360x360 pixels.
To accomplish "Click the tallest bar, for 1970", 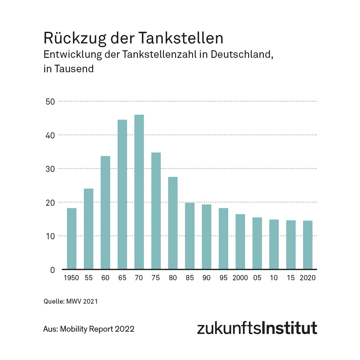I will tap(139, 192).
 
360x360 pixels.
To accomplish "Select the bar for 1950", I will tap(72, 238).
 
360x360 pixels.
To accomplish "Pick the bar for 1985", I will tap(190, 236).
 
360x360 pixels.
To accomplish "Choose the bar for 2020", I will tap(308, 245).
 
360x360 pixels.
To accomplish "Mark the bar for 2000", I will tap(240, 241).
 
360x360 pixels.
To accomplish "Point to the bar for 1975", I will tap(156, 211).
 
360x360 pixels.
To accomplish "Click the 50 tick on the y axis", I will tap(50, 102).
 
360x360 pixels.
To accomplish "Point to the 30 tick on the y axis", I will tap(50, 169).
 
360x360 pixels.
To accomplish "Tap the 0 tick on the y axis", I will tap(52, 270).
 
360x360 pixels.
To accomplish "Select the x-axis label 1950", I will tap(71, 278).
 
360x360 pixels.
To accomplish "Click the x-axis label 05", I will tap(257, 278).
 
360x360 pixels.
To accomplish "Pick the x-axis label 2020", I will tap(307, 278).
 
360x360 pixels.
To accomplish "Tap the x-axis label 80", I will tap(173, 278).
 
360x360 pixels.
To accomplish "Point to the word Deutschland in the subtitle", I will tap(242, 54).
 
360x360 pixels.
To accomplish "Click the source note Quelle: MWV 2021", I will tap(71, 301).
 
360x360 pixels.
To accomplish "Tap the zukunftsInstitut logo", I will tap(257, 328).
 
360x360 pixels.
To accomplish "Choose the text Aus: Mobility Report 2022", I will tap(89, 329).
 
